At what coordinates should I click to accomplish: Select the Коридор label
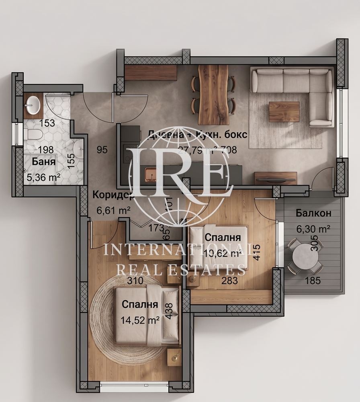click(113, 195)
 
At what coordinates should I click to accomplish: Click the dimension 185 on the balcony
click(315, 281)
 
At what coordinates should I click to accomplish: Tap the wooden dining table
click(213, 94)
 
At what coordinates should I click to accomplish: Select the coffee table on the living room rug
click(284, 111)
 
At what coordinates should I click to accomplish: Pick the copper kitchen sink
click(153, 174)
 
